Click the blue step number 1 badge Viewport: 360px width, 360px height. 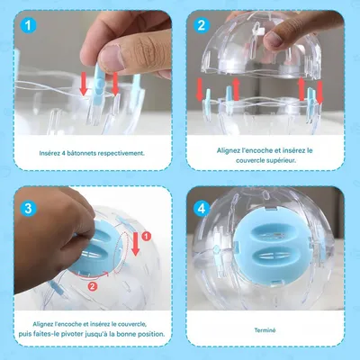28,25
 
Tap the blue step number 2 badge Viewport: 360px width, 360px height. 202,25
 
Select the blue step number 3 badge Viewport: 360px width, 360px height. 28,208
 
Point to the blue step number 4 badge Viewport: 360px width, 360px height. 202,208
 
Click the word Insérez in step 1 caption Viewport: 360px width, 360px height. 49,153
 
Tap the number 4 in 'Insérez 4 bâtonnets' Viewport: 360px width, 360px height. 64,153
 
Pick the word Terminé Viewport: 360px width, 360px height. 265,330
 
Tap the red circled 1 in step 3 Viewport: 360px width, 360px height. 146,237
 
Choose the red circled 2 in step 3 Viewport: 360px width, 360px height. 93,286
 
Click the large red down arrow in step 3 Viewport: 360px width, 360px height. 136,244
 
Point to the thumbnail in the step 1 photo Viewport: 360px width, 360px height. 112,57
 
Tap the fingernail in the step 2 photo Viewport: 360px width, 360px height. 273,40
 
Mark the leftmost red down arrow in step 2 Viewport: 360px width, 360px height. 200,89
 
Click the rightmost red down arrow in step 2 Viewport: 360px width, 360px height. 319,93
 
